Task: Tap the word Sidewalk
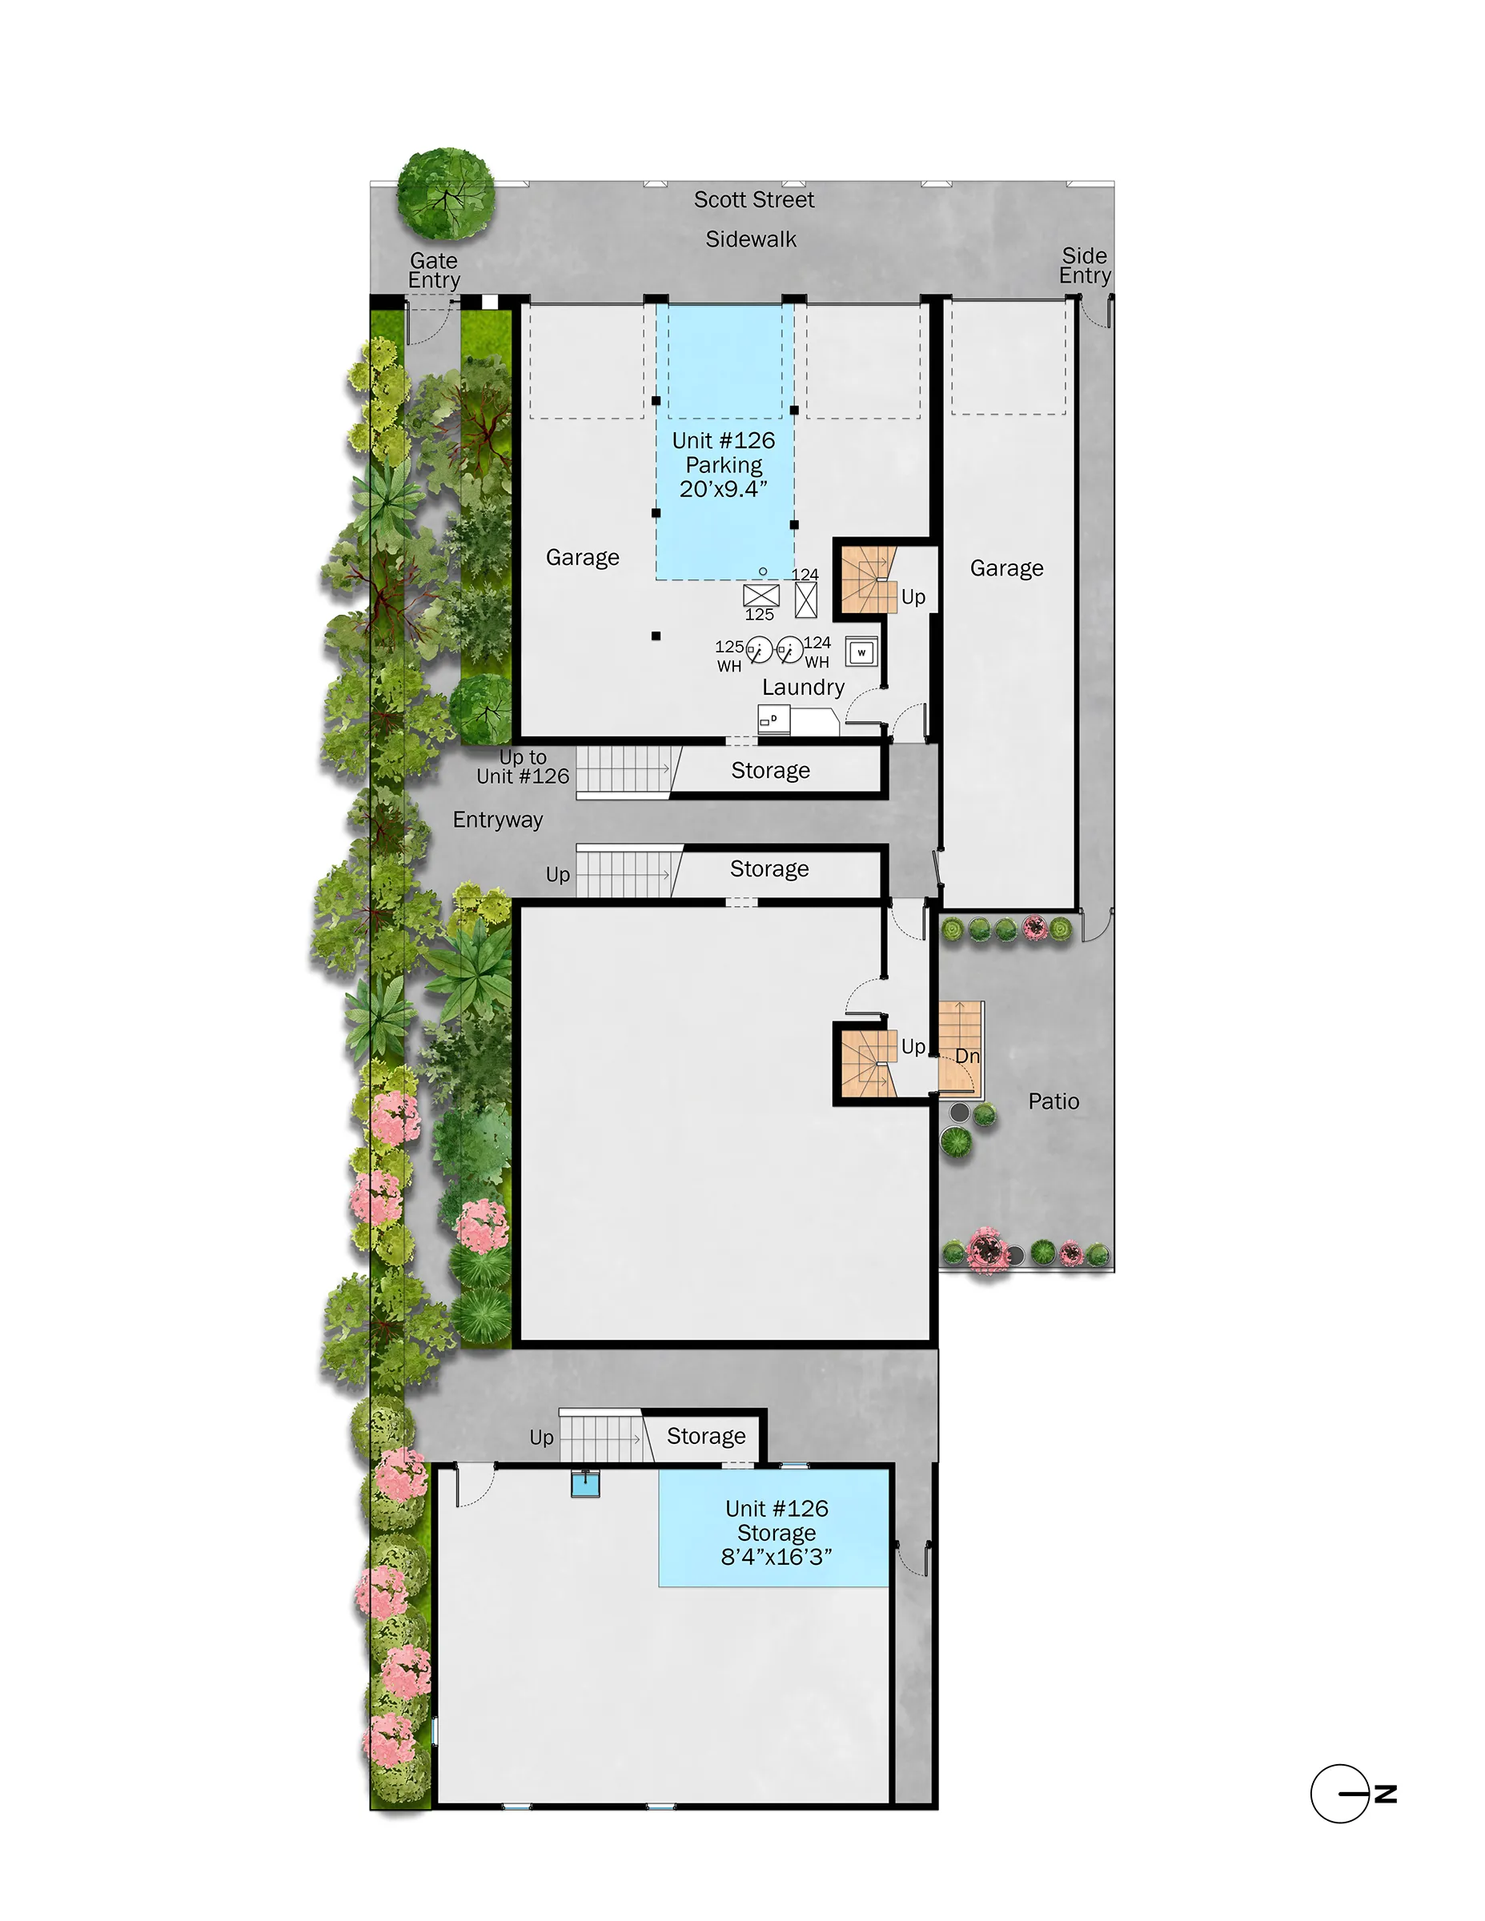pyautogui.click(x=750, y=239)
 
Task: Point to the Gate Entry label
pyautogui.click(x=434, y=270)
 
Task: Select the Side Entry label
pyautogui.click(x=1084, y=266)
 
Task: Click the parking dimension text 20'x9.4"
pyautogui.click(x=723, y=489)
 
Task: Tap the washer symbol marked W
pyautogui.click(x=861, y=652)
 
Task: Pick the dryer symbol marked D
pyautogui.click(x=773, y=720)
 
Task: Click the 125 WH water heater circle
pyautogui.click(x=758, y=651)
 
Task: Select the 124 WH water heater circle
pyautogui.click(x=790, y=650)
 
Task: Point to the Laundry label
pyautogui.click(x=802, y=687)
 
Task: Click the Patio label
pyautogui.click(x=1053, y=1101)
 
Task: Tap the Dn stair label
pyautogui.click(x=967, y=1057)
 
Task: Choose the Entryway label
pyautogui.click(x=497, y=820)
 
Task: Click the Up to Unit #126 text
pyautogui.click(x=523, y=767)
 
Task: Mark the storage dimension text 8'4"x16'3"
pyautogui.click(x=776, y=1557)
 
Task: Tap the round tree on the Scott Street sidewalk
pyautogui.click(x=446, y=194)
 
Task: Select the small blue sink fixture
pyautogui.click(x=585, y=1485)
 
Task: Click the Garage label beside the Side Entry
pyautogui.click(x=1006, y=568)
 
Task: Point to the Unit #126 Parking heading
pyautogui.click(x=723, y=452)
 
